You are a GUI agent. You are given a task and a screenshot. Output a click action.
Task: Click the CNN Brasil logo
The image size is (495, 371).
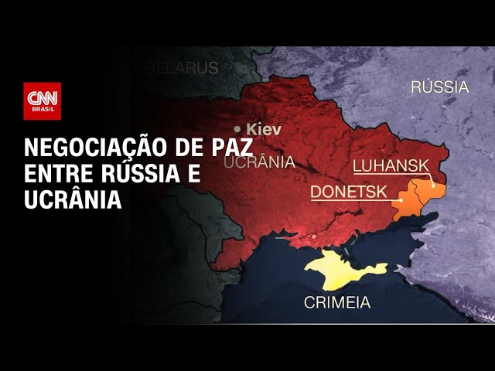pos(42,101)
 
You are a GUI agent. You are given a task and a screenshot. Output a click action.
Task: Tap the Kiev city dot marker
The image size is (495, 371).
pos(238,129)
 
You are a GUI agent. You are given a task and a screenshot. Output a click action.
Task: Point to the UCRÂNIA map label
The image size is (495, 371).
pos(259,162)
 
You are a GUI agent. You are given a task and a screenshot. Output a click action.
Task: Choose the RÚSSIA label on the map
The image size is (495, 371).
pos(439,87)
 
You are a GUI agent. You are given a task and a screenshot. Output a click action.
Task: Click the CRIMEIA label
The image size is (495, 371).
pos(337,302)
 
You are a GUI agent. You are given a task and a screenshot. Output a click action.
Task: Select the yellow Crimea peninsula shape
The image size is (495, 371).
pos(340,268)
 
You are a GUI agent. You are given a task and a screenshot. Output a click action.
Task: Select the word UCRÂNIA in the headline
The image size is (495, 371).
pos(73,199)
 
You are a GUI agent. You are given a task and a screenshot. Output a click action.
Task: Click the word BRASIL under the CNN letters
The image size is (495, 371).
pos(42,114)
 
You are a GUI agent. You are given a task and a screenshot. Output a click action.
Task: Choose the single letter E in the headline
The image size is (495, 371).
pos(193,174)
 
